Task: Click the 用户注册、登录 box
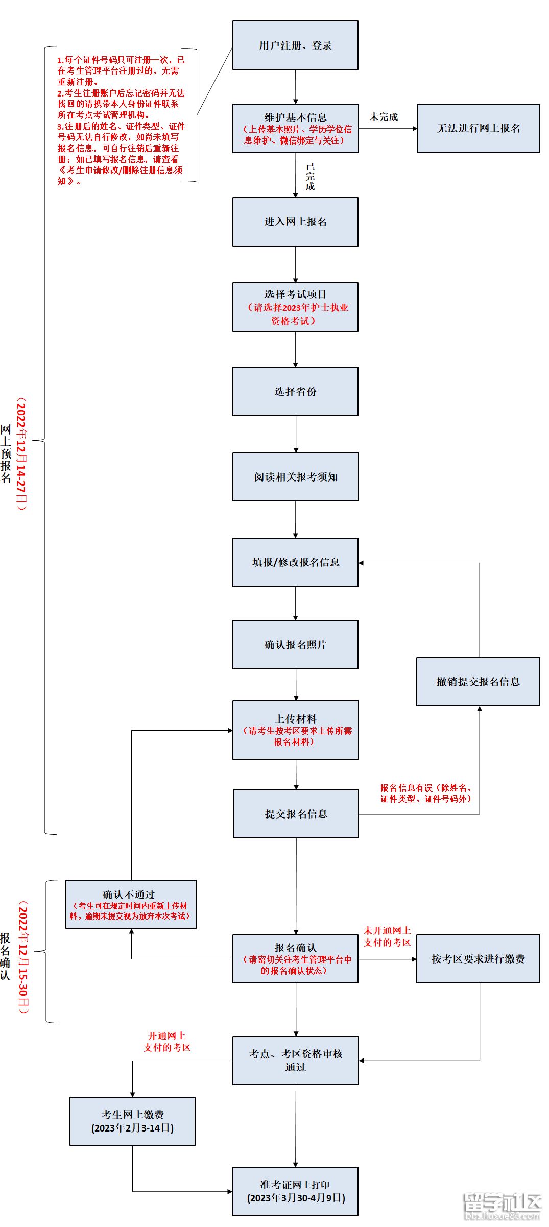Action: coord(295,45)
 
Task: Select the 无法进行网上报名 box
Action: coord(478,129)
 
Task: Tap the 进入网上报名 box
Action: coord(295,222)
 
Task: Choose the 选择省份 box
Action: coord(295,392)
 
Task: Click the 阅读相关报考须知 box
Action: coord(295,477)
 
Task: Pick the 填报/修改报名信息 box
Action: coord(295,562)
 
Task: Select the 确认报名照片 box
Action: coord(295,645)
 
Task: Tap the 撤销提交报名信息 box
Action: coord(478,682)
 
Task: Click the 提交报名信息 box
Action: coord(296,814)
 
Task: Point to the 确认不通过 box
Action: coord(131,904)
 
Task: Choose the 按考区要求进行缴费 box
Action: coord(478,959)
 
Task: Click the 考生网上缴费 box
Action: coord(132,1121)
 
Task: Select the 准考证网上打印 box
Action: coord(295,1191)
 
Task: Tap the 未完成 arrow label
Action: coord(384,117)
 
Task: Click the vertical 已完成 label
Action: coord(310,177)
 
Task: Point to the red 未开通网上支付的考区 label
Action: coord(387,936)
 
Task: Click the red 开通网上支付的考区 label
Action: coord(167,1042)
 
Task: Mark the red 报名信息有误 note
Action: coord(425,793)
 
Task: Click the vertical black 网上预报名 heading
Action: coord(6,453)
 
